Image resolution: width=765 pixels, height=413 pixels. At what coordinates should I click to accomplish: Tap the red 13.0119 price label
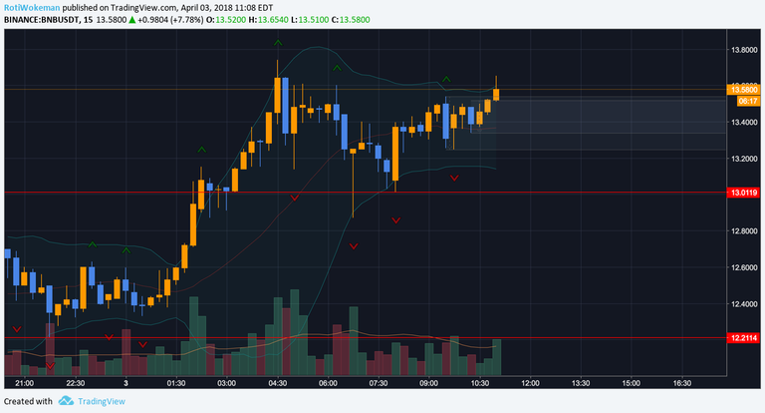[x=744, y=192]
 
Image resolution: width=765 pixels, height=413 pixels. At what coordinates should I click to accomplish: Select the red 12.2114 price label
[x=744, y=338]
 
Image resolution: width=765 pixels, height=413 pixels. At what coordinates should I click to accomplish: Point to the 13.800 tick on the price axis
[x=743, y=50]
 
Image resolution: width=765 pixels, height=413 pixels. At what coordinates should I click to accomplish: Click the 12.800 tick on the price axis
[x=743, y=231]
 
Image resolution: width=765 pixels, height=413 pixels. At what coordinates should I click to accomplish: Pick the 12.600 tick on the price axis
[x=743, y=267]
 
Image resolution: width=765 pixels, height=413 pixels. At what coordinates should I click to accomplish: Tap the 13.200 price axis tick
[x=743, y=159]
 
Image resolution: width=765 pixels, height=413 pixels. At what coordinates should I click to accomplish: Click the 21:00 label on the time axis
[x=25, y=382]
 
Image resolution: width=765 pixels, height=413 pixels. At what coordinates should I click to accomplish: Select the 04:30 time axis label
[x=278, y=382]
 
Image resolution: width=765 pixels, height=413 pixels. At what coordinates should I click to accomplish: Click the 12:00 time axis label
[x=530, y=382]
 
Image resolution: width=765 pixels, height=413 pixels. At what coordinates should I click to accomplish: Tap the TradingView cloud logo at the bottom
[x=66, y=401]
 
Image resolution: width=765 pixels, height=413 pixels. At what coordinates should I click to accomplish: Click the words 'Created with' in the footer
[x=28, y=401]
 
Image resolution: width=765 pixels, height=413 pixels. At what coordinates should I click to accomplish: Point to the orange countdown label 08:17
[x=744, y=101]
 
